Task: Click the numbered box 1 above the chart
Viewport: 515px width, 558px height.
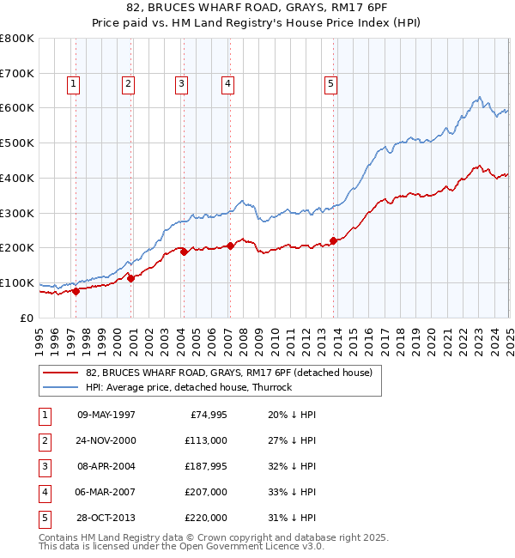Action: coord(74,83)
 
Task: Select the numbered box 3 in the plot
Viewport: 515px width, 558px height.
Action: coord(182,83)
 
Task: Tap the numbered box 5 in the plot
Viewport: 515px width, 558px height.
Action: coord(330,83)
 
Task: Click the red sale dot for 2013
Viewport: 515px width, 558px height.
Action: coord(333,240)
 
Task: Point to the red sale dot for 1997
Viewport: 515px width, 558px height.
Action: coord(76,291)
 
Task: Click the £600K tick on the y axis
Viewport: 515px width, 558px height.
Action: coord(17,108)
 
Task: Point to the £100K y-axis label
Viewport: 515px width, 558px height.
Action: coord(17,282)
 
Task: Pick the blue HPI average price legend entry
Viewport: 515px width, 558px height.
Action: coord(189,387)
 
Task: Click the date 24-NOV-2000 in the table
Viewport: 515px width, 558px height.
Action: coord(106,440)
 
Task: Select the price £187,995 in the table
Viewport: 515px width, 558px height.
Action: coord(205,466)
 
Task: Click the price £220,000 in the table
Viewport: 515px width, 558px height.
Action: coord(205,518)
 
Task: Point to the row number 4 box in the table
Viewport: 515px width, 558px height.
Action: coord(43,492)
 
